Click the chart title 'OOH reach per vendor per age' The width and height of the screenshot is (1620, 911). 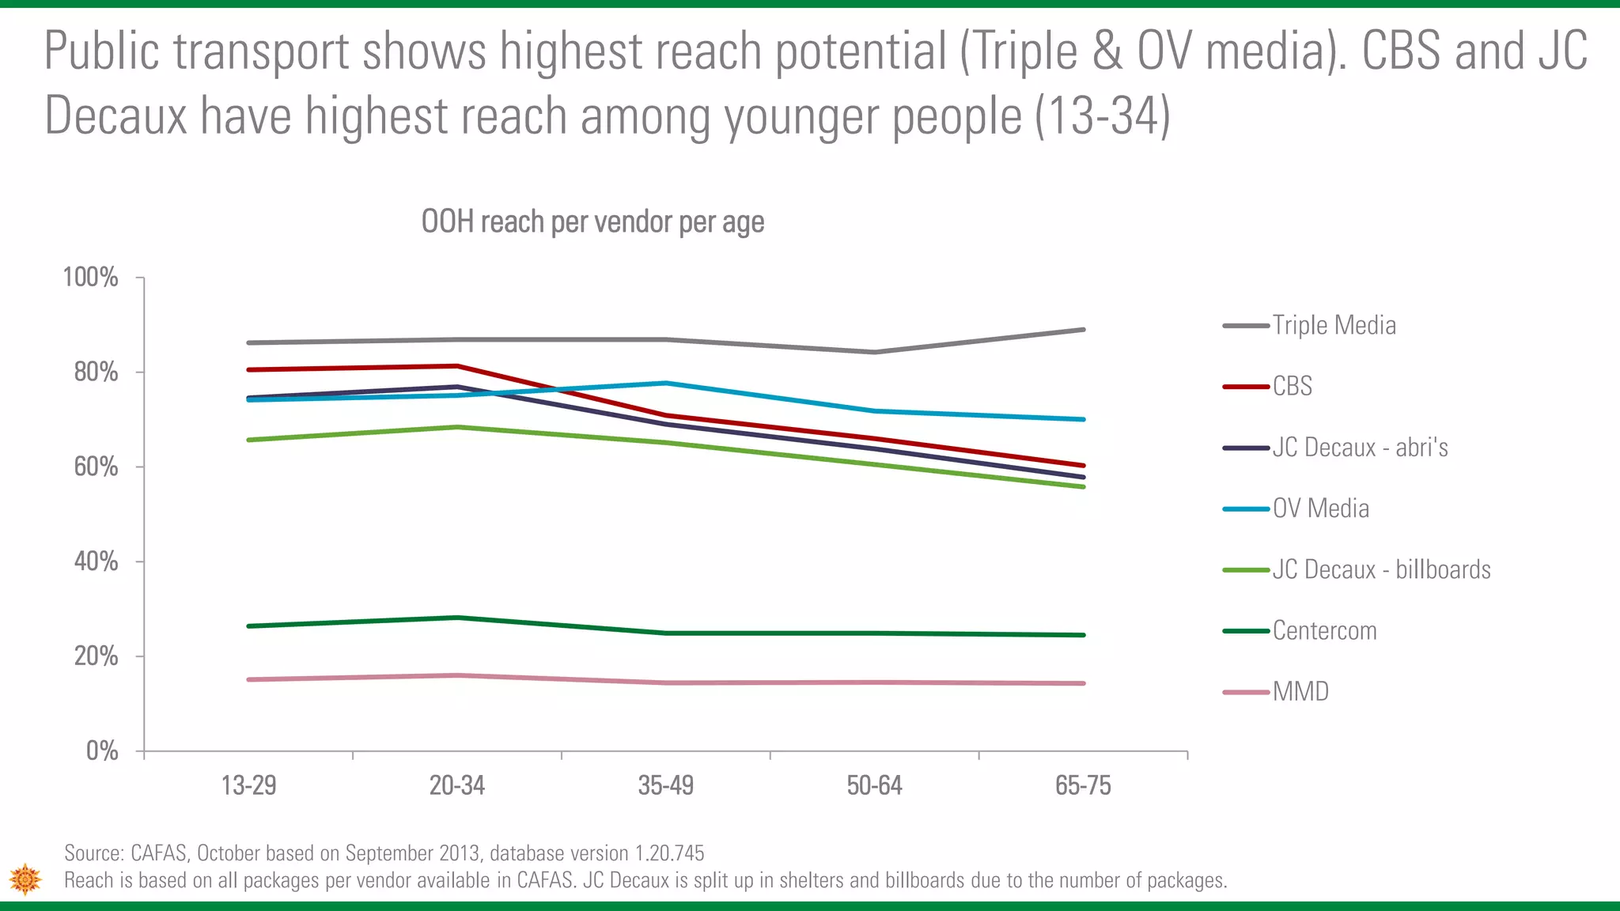click(592, 222)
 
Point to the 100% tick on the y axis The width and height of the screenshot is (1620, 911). click(91, 278)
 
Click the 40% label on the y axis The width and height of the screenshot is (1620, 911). click(96, 561)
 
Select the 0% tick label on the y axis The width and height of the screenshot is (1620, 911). click(102, 750)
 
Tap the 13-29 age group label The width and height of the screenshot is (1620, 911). click(248, 785)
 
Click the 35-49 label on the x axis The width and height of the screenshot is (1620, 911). click(665, 785)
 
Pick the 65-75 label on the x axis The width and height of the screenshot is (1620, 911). click(1083, 785)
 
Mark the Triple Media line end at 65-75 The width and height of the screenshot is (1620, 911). click(1083, 330)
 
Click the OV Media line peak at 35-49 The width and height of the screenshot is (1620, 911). click(666, 384)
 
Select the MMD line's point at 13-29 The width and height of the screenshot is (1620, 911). click(249, 679)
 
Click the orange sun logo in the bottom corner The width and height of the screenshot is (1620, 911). click(25, 879)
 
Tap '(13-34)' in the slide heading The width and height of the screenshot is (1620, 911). click(1103, 115)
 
